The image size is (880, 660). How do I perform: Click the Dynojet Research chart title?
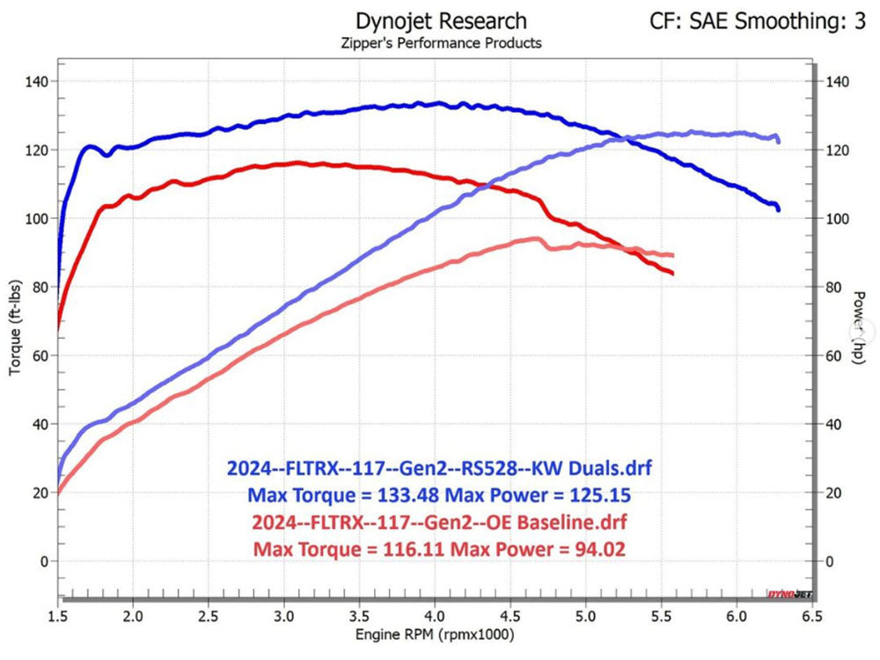tap(441, 20)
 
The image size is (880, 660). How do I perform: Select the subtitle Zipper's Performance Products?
tap(441, 42)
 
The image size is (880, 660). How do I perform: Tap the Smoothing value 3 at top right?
tap(859, 22)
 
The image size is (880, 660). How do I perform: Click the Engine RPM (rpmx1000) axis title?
tap(436, 634)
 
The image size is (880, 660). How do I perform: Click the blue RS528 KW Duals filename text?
tap(439, 466)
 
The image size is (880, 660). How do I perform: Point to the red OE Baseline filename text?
tap(439, 523)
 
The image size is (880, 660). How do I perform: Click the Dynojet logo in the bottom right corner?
tap(789, 594)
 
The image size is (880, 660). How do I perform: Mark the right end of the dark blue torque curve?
tap(778, 209)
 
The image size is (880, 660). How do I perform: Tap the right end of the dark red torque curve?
tap(673, 274)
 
